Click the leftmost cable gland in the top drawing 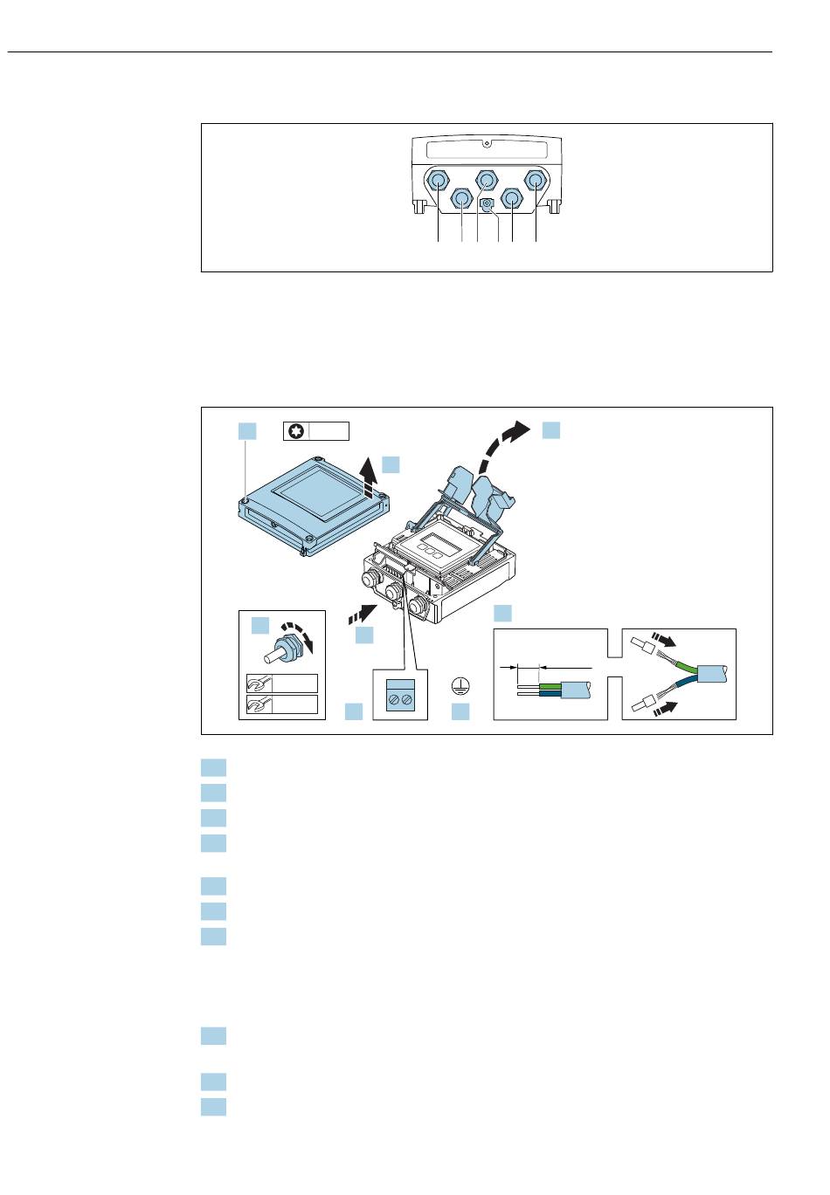(x=439, y=180)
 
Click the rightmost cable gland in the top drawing (x=535, y=180)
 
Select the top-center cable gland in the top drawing (x=487, y=180)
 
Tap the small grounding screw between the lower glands (x=488, y=204)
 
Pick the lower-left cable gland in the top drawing (x=462, y=202)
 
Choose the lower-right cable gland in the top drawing (x=511, y=202)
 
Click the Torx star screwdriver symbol (x=297, y=431)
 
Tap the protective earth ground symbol (x=460, y=686)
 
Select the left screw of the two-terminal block (x=393, y=699)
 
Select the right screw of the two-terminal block (x=407, y=699)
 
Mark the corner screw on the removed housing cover (x=247, y=500)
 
